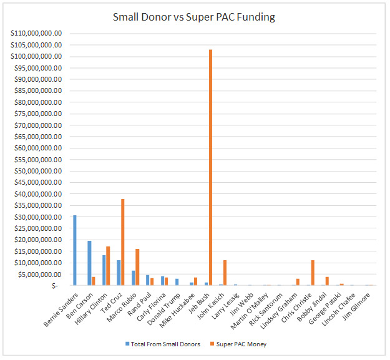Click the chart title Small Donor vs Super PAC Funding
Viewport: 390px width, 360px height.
coord(193,17)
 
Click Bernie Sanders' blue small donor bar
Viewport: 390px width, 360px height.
coord(75,250)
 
